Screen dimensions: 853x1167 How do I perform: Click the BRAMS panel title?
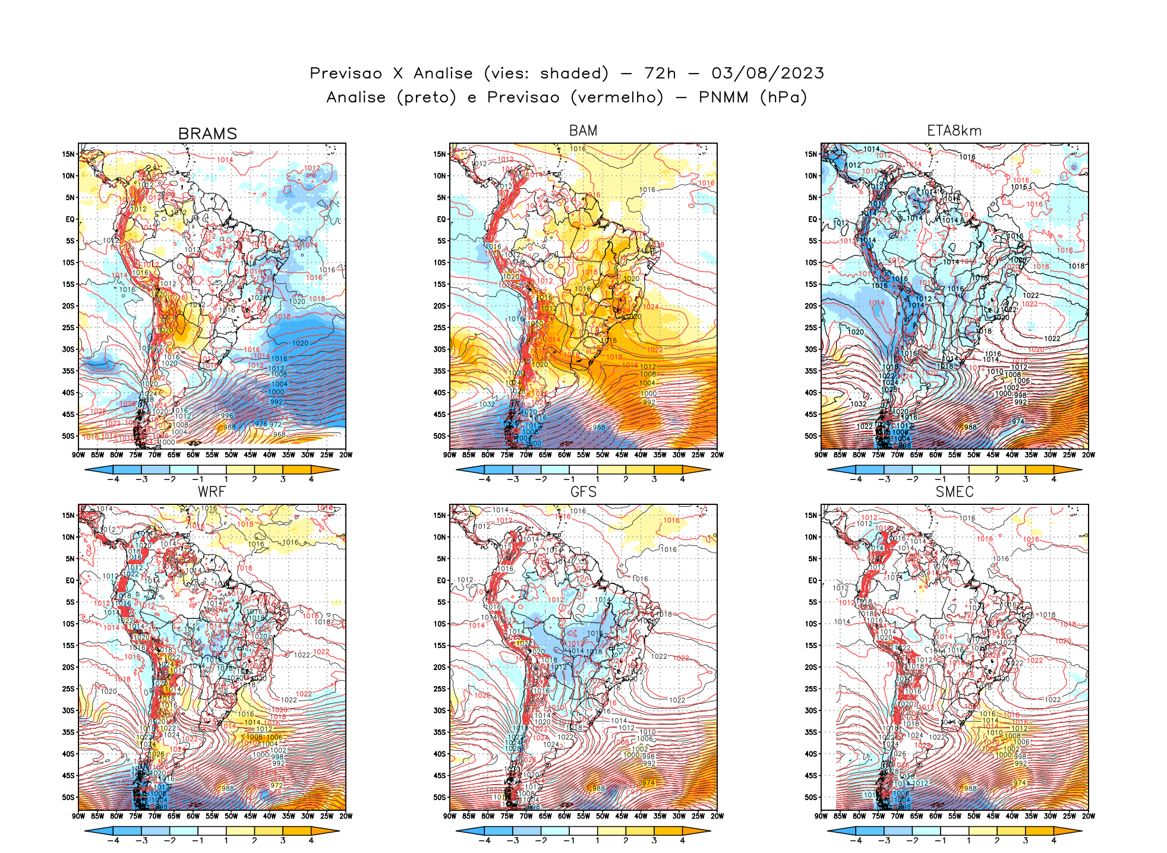coord(207,134)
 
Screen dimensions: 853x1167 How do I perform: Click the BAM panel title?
coord(583,131)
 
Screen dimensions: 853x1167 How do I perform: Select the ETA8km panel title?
coord(954,131)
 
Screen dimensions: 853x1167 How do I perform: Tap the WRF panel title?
coord(212,492)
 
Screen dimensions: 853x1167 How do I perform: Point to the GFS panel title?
coord(583,492)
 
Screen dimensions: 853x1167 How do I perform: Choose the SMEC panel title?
coord(954,492)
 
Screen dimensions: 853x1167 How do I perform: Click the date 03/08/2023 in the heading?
coord(768,73)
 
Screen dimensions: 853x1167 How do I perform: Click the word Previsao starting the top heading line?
coord(346,73)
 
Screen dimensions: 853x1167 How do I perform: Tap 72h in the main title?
coord(660,73)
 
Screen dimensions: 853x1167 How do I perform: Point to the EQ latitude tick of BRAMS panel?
coord(70,219)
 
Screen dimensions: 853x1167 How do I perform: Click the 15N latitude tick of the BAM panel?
coord(440,154)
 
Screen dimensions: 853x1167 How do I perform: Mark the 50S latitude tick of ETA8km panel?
coord(811,436)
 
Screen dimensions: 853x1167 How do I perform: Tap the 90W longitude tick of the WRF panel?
coord(78,816)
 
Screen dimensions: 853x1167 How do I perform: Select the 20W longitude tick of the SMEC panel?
coord(1088,816)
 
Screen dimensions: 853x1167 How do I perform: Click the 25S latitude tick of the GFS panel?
coord(440,689)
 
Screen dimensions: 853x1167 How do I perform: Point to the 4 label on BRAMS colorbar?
coord(311,479)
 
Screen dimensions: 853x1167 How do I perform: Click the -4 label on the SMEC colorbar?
coord(856,841)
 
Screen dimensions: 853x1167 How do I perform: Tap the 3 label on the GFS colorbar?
coord(654,841)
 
